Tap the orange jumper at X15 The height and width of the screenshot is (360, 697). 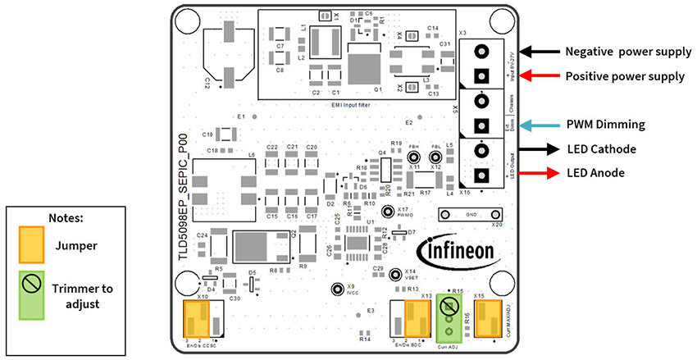pos(488,317)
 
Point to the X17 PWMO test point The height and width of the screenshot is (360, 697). pos(391,212)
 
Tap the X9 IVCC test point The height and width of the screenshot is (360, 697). pos(336,289)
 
